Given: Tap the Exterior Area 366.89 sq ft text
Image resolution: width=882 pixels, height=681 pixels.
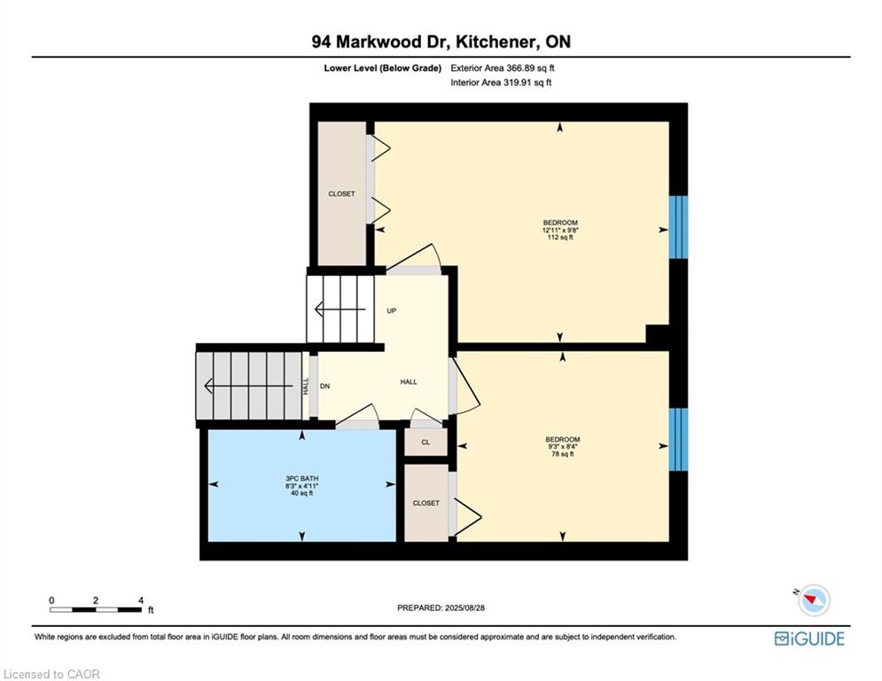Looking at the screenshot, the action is pyautogui.click(x=503, y=68).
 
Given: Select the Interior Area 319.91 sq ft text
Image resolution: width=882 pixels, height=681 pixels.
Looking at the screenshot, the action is pyautogui.click(x=501, y=82).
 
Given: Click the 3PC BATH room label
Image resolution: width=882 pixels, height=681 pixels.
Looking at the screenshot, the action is pyautogui.click(x=302, y=479).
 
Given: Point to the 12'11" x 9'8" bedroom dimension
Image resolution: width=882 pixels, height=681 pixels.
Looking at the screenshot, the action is pyautogui.click(x=560, y=231).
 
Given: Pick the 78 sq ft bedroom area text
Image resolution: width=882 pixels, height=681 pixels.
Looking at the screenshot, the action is pyautogui.click(x=563, y=454).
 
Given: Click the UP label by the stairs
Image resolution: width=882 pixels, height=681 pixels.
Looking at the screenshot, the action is pyautogui.click(x=392, y=310).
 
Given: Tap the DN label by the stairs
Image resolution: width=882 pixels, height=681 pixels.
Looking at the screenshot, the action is pyautogui.click(x=325, y=386).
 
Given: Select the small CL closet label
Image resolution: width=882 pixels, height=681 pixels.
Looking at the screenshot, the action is pyautogui.click(x=425, y=442).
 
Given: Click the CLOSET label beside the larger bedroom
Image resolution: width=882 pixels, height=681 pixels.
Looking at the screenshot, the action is pyautogui.click(x=341, y=193).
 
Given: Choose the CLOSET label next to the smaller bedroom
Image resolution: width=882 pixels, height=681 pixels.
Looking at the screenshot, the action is pyautogui.click(x=425, y=503).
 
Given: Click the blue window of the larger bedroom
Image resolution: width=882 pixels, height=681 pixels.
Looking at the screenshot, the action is pyautogui.click(x=678, y=227).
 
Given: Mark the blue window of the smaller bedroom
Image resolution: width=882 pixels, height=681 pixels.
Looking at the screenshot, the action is pyautogui.click(x=678, y=440).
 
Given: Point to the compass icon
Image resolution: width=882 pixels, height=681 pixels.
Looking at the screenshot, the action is pyautogui.click(x=814, y=599).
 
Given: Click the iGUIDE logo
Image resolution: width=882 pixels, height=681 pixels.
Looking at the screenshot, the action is pyautogui.click(x=809, y=638).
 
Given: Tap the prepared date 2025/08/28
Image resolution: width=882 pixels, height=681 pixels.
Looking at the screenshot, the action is pyautogui.click(x=464, y=607).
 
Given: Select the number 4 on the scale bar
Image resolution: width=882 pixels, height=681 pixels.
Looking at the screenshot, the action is pyautogui.click(x=141, y=600).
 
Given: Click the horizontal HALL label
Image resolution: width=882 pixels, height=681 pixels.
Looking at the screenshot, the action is pyautogui.click(x=409, y=381).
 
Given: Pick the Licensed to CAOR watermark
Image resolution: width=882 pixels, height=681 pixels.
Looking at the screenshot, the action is pyautogui.click(x=51, y=674).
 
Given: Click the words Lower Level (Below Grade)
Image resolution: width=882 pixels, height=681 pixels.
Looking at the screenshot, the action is pyautogui.click(x=383, y=68).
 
